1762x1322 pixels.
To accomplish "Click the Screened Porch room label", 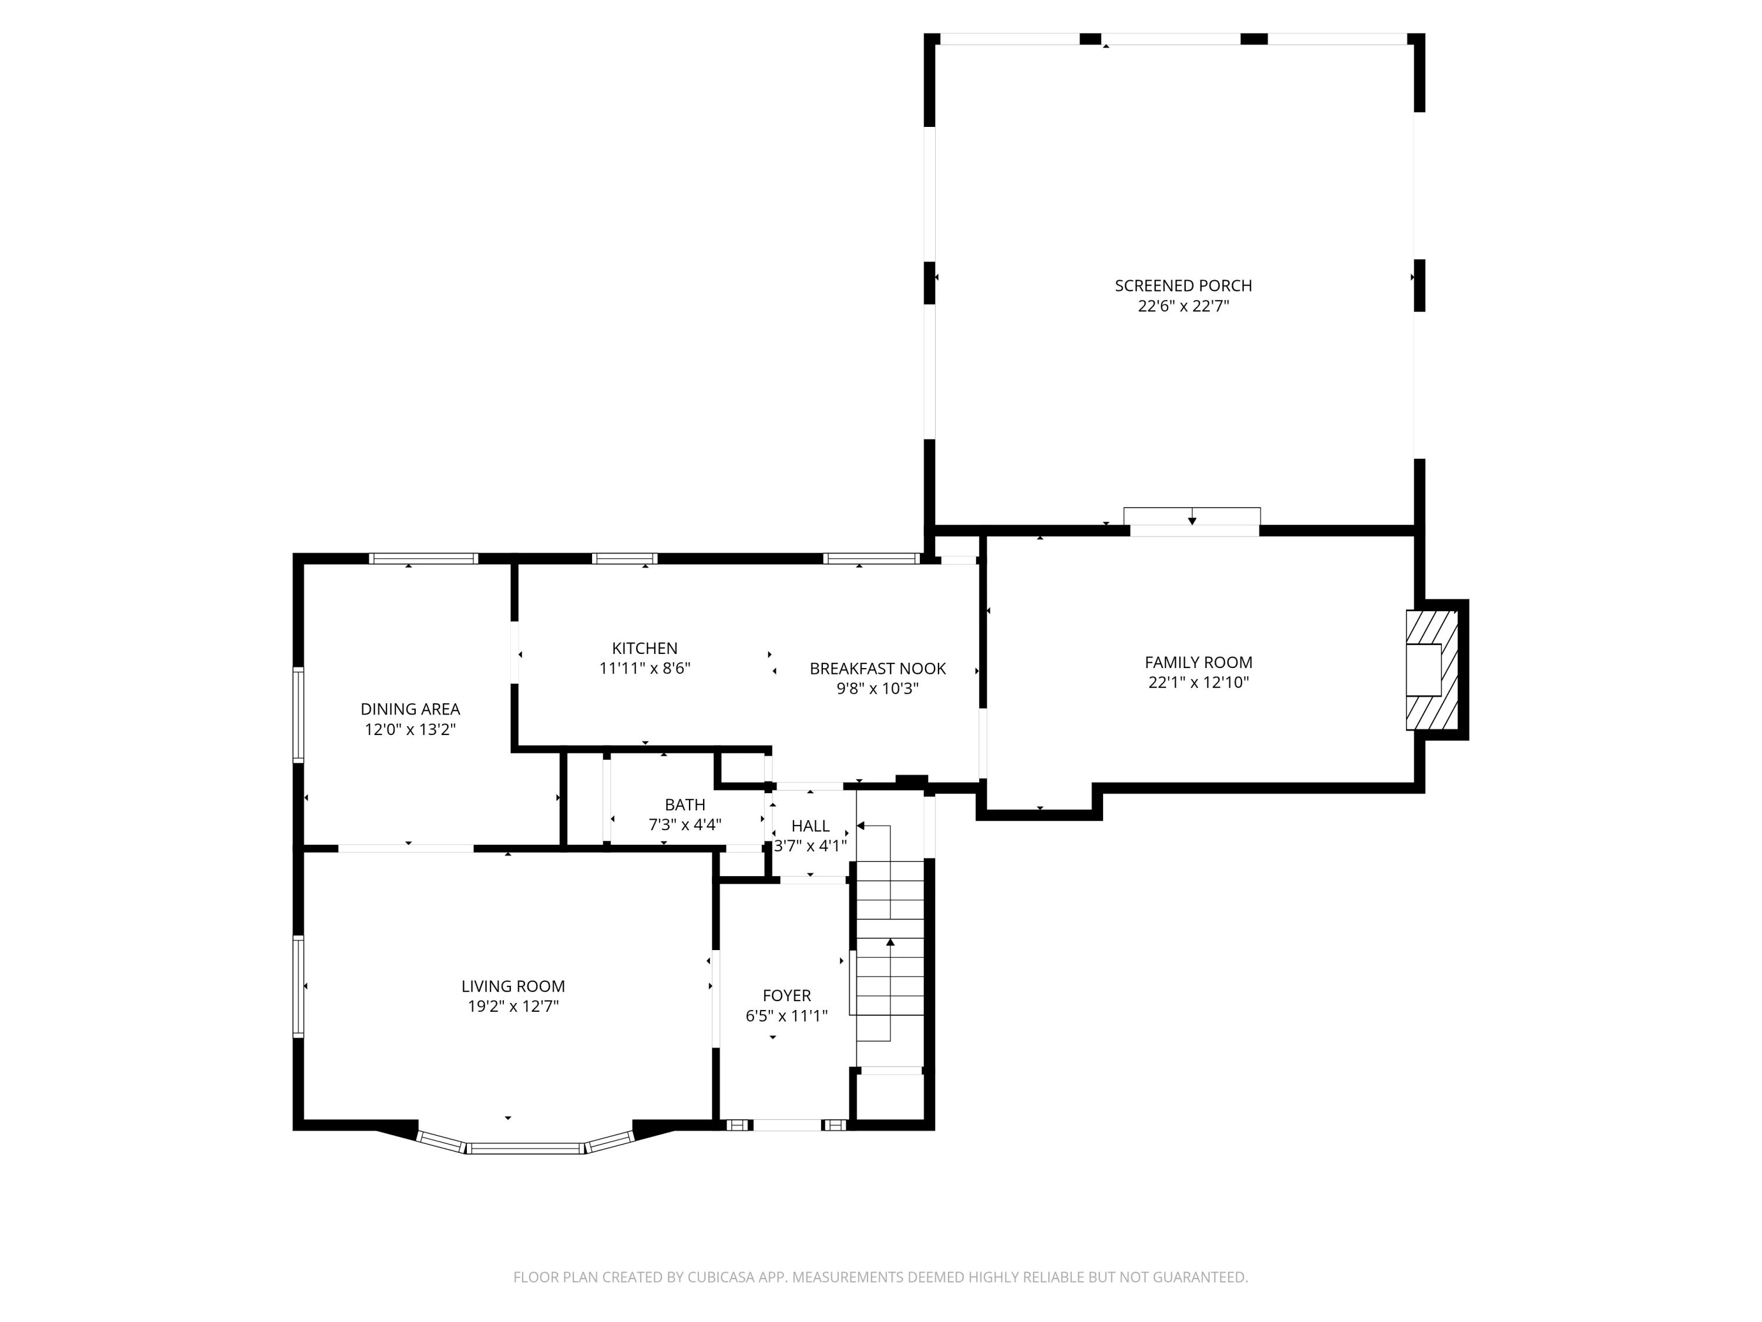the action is pos(1183,286).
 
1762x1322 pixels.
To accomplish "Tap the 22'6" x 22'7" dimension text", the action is pos(1183,306).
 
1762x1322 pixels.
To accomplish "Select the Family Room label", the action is pos(1198,662).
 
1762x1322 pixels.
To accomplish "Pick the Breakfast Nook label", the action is pos(878,669).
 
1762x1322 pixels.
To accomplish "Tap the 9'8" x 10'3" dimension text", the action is pos(878,689).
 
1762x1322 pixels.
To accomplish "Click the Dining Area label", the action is pos(410,709).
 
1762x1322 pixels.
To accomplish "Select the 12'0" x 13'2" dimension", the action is pos(410,729).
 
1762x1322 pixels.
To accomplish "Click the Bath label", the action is pos(685,805).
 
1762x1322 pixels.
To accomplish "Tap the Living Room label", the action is pos(513,987).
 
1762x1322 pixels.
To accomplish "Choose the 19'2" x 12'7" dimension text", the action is pos(513,1006).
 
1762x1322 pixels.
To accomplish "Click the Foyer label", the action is pos(787,995).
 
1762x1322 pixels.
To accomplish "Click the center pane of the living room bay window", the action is pos(526,1148).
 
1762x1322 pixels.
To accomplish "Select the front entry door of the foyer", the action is pos(787,1125).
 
